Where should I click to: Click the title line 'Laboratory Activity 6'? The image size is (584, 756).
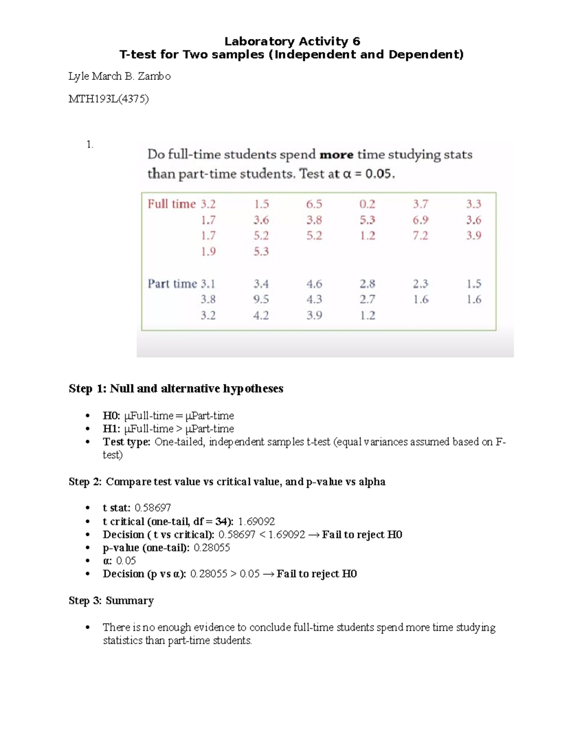coord(292,41)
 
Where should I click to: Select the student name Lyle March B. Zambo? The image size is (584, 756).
coord(119,76)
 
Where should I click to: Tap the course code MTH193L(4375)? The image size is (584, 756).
coord(109,99)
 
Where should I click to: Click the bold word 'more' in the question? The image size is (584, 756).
coord(336,155)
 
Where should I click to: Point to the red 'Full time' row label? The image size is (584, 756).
coord(172,204)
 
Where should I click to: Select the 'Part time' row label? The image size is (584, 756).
coord(172,284)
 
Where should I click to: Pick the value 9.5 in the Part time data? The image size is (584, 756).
coord(261,299)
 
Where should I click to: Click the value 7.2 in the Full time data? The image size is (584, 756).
coord(420,236)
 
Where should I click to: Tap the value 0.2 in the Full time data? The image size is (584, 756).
coord(367,204)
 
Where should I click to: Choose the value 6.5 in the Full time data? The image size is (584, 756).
coord(314,204)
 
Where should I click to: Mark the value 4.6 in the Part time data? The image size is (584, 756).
coord(314,284)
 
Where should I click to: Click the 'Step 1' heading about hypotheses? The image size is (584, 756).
coord(176,388)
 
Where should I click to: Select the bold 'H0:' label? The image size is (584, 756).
coord(111,416)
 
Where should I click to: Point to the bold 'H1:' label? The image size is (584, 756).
coord(111,429)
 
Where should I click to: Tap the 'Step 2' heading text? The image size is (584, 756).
coord(227,482)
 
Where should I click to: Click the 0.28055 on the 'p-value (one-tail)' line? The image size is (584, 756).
coord(212,548)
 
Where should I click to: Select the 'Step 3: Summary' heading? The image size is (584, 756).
coord(111,601)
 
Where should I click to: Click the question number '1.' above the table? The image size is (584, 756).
coord(90,144)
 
